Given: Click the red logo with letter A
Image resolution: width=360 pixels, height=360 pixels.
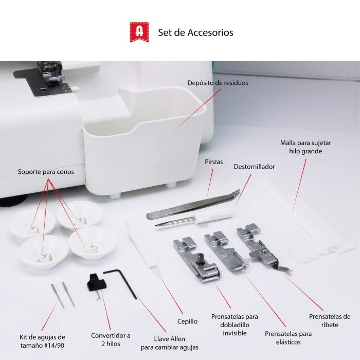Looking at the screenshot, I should point(139,32).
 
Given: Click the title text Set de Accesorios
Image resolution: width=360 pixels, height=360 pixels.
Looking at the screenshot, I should point(195,32).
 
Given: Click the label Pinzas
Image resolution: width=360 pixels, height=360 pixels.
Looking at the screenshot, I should point(213,161).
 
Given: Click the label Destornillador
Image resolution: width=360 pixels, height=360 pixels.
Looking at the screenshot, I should point(254,167).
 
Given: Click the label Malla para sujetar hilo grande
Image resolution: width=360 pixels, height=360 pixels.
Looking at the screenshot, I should point(301,147).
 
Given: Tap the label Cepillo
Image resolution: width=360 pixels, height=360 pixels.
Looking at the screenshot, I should point(187,321).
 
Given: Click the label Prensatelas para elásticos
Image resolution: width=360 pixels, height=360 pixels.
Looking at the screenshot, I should point(288,337).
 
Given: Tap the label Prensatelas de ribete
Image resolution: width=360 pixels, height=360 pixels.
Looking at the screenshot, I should point(329,320).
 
